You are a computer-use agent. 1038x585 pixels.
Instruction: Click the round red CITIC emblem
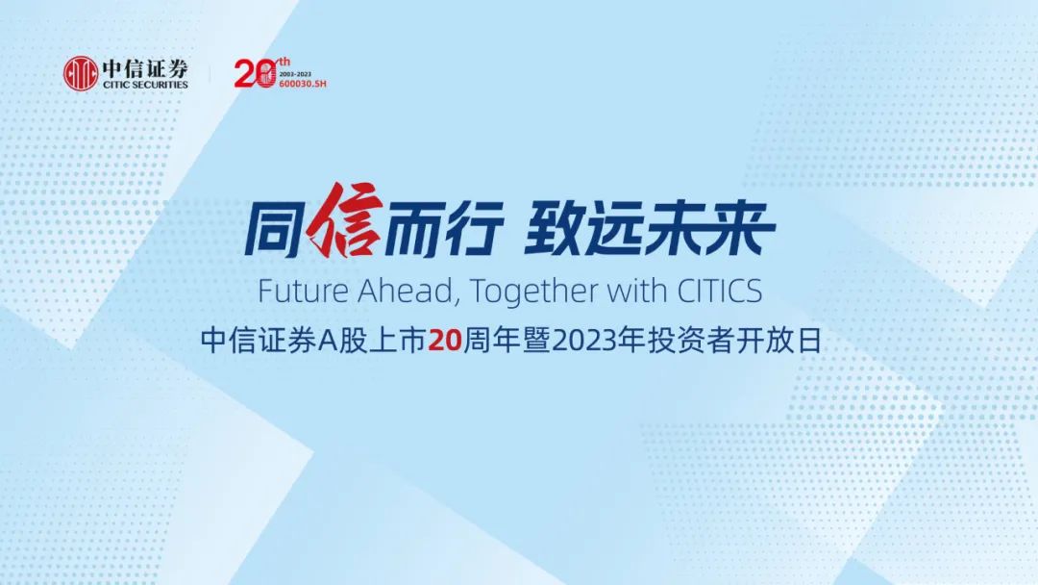click(81, 73)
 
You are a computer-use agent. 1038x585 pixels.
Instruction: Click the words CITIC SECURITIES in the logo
click(146, 85)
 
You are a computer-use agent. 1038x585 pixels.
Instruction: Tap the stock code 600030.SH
click(303, 85)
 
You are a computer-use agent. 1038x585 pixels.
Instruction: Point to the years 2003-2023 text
click(295, 75)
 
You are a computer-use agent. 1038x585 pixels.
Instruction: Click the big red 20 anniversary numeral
click(255, 73)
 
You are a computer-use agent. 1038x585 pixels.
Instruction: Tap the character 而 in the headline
click(411, 229)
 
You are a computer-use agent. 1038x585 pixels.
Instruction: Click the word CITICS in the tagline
click(720, 291)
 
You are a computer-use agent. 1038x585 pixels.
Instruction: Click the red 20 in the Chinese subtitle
click(444, 342)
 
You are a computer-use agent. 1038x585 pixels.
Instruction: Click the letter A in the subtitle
click(329, 342)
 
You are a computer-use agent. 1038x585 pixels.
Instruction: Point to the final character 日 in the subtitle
click(810, 342)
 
